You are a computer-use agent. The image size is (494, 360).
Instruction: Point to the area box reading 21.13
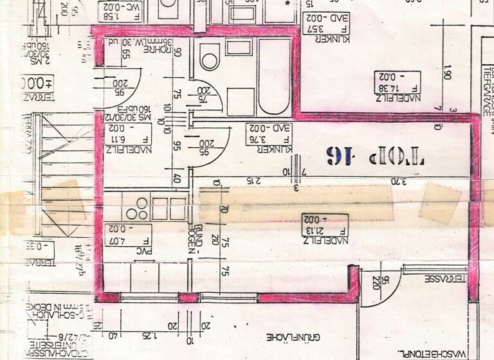point(325,224)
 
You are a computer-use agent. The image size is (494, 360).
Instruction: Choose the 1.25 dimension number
point(149,336)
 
